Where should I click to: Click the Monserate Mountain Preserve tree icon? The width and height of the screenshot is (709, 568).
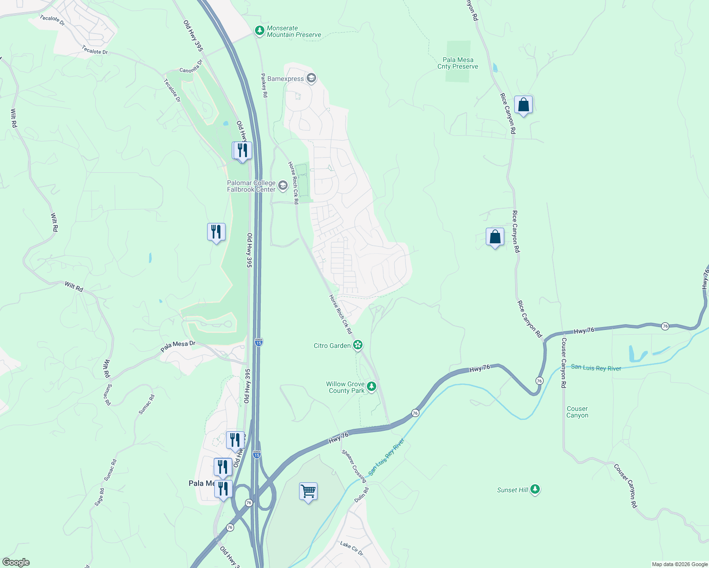[259, 31]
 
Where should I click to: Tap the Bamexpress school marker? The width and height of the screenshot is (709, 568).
[311, 78]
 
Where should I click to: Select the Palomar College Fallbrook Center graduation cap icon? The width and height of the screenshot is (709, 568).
[283, 186]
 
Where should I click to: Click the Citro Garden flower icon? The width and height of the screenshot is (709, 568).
[358, 345]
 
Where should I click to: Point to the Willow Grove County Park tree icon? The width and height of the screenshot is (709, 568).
[372, 387]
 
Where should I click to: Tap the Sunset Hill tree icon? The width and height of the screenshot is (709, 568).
[535, 489]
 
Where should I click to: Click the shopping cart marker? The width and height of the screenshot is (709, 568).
[308, 492]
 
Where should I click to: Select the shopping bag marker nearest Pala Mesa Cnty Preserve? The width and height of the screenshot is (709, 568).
[523, 105]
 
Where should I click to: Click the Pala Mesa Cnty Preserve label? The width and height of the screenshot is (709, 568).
[458, 63]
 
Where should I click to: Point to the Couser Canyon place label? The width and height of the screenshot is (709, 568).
[577, 412]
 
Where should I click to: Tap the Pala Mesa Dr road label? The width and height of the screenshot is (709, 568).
[178, 346]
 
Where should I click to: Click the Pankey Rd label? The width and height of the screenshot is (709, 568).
[264, 85]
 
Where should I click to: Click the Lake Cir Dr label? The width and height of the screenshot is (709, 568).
[351, 548]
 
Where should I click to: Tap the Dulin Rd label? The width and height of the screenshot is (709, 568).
[361, 495]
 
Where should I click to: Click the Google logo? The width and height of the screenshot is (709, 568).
[16, 562]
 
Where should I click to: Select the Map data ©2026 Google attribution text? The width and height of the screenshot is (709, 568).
[680, 564]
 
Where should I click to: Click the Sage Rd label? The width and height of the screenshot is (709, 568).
[99, 497]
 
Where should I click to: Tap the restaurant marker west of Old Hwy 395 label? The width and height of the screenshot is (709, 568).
[216, 232]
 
